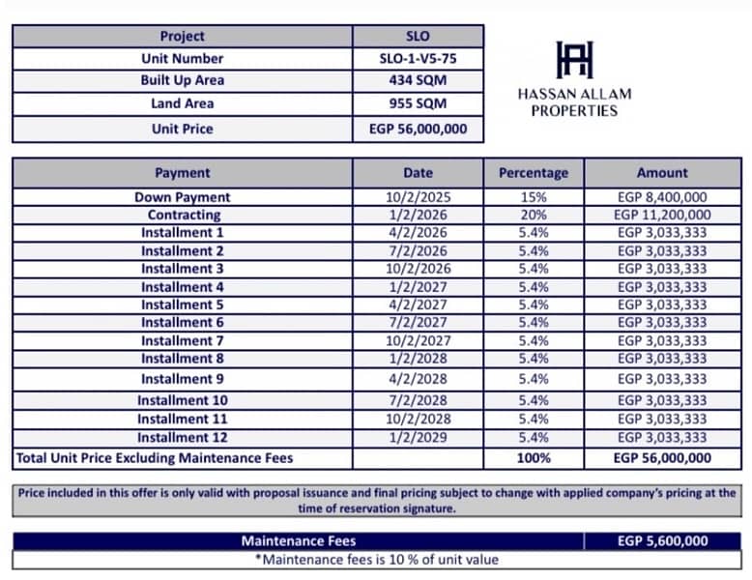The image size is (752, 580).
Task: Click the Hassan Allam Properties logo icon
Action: click(x=574, y=60)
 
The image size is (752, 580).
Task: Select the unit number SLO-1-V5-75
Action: click(x=418, y=58)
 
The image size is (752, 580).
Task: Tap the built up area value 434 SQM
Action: click(x=418, y=81)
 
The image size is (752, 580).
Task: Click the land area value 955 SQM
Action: click(x=418, y=103)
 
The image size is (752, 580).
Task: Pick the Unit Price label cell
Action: click(x=182, y=129)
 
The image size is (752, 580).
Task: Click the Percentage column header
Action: click(x=534, y=173)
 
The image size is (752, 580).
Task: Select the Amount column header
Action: click(x=662, y=173)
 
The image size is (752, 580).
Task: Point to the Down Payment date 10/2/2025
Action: click(x=418, y=197)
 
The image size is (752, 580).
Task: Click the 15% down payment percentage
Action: click(x=534, y=197)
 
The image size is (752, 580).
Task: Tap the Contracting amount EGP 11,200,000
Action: click(x=662, y=215)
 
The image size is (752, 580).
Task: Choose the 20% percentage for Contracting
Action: click(x=534, y=215)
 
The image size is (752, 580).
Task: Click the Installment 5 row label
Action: click(x=182, y=304)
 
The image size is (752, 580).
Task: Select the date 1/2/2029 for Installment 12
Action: click(x=418, y=438)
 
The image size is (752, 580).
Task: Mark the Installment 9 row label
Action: click(x=182, y=379)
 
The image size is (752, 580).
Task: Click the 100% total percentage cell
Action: click(x=534, y=458)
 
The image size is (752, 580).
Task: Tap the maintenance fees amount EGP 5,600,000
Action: click(x=662, y=541)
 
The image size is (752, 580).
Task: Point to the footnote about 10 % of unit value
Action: click(x=377, y=560)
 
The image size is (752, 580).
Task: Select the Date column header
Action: click(x=418, y=173)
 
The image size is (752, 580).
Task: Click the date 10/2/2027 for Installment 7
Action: click(x=418, y=340)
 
